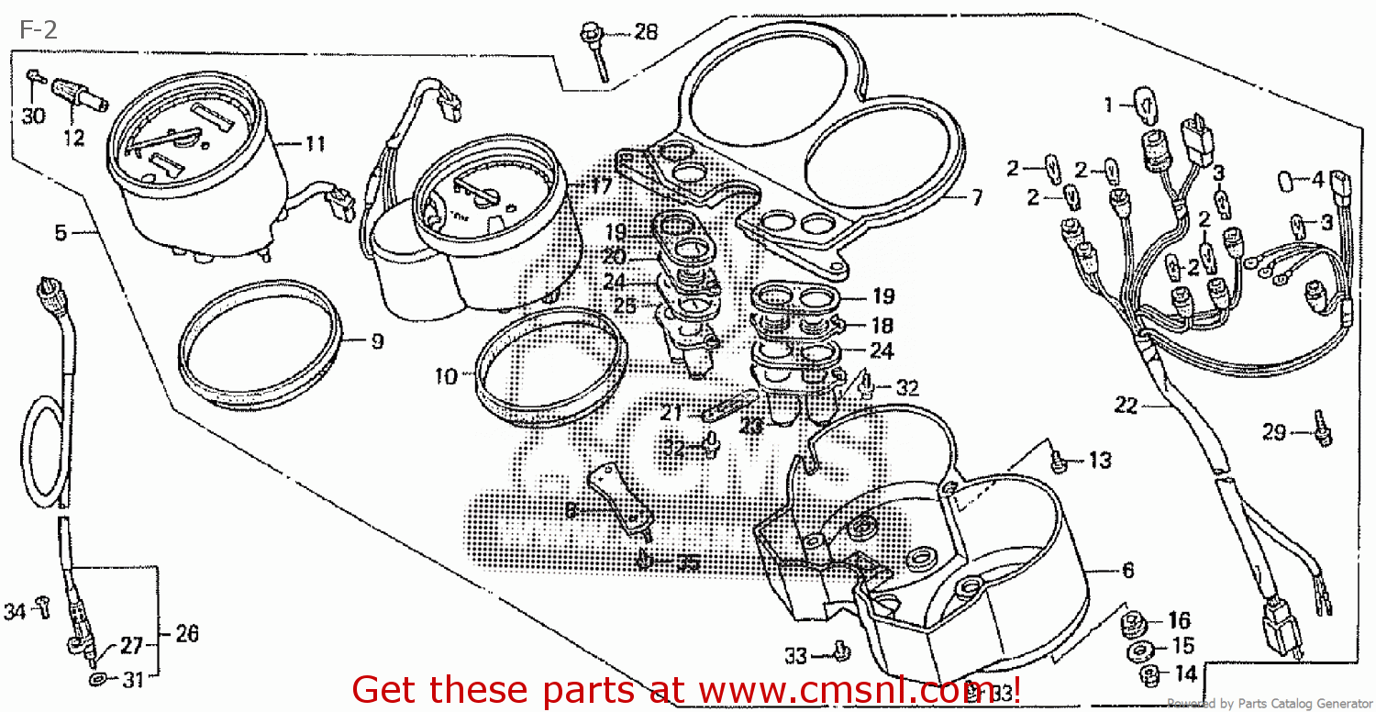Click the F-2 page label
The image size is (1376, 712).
pyautogui.click(x=38, y=30)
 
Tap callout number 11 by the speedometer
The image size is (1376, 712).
pyautogui.click(x=315, y=143)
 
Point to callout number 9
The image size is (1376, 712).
pyautogui.click(x=377, y=341)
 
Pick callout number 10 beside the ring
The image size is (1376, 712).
pyautogui.click(x=445, y=376)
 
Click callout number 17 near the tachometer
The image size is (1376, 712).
pyautogui.click(x=601, y=186)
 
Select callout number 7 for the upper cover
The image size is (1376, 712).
pyautogui.click(x=976, y=197)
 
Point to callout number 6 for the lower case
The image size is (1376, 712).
pyautogui.click(x=1127, y=571)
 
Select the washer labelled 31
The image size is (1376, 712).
pyautogui.click(x=98, y=680)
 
